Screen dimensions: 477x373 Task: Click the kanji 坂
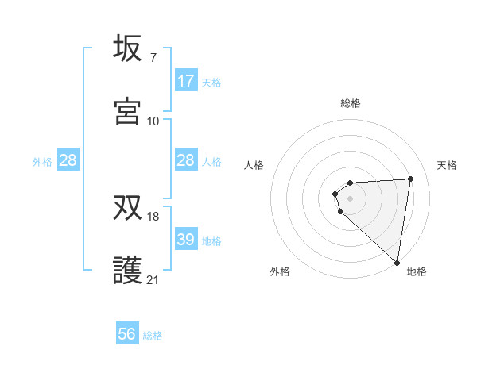click(128, 48)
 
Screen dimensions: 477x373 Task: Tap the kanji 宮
click(128, 111)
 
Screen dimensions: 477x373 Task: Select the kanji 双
click(128, 209)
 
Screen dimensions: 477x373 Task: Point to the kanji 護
click(128, 271)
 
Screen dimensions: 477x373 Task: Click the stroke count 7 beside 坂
click(153, 58)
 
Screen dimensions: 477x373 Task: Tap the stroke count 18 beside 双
click(153, 217)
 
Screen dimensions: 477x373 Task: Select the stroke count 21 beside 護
click(153, 279)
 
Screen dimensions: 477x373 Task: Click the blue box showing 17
click(186, 81)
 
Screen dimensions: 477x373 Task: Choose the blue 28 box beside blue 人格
click(186, 161)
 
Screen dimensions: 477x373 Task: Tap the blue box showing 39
click(186, 240)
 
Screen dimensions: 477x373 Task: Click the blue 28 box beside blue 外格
click(68, 161)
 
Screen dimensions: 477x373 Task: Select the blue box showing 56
click(127, 334)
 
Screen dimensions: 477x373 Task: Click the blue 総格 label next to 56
click(153, 336)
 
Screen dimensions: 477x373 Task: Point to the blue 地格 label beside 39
click(211, 241)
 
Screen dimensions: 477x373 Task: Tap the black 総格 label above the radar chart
click(351, 103)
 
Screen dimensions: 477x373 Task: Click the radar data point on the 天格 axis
click(410, 179)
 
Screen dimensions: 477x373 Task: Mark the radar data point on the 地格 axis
click(397, 262)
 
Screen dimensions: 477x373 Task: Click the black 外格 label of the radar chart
click(280, 271)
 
